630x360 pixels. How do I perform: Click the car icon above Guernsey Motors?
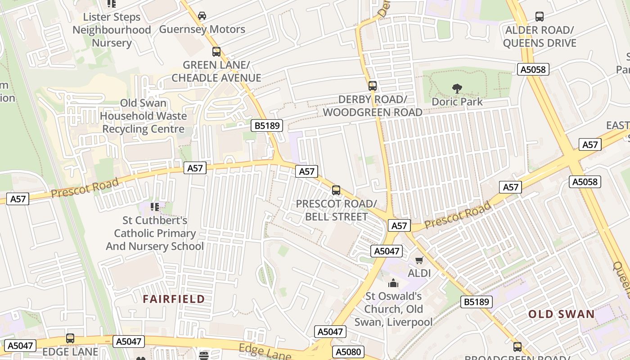tap(202, 16)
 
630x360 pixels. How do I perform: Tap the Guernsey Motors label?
tap(202, 30)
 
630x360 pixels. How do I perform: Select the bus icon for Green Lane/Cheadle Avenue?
tap(216, 51)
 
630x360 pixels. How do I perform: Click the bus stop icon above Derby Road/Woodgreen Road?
tap(372, 85)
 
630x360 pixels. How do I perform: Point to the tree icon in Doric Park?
tap(457, 88)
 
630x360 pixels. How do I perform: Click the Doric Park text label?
tap(457, 102)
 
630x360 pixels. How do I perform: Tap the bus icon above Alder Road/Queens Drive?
tap(539, 17)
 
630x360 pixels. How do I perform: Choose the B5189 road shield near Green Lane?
tap(267, 126)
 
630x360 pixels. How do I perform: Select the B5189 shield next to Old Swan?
tap(476, 302)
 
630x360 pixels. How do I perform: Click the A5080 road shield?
tap(348, 351)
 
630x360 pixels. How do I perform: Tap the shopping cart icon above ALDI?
tap(419, 260)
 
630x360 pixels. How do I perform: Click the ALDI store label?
tap(419, 273)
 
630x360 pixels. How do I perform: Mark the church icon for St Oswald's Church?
tap(393, 283)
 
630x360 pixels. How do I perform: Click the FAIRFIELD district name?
tap(174, 299)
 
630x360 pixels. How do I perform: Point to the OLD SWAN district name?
tap(561, 314)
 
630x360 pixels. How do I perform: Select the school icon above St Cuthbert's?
tap(155, 207)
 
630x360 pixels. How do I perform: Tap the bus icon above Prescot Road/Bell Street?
tap(336, 190)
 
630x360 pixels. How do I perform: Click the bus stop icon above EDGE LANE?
tap(70, 338)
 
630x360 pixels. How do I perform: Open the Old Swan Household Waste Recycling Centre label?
tap(143, 116)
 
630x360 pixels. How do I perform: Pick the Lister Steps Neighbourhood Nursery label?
tap(112, 30)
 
